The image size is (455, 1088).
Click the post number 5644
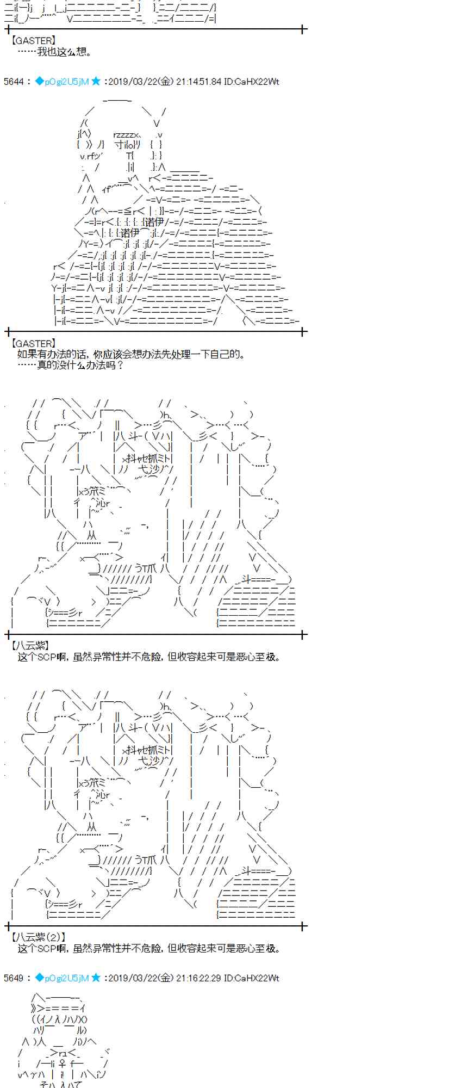(13, 82)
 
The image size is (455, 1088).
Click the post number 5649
(13, 978)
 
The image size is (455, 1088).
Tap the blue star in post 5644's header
(96, 82)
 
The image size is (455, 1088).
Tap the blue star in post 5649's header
(96, 978)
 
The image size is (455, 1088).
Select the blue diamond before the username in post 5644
(39, 82)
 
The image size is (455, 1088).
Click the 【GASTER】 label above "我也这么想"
(33, 40)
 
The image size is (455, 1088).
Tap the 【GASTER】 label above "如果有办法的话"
(33, 343)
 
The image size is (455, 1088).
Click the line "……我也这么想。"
(55, 52)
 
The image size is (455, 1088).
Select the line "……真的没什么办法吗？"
(71, 366)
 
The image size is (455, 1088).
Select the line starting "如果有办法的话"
(131, 355)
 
